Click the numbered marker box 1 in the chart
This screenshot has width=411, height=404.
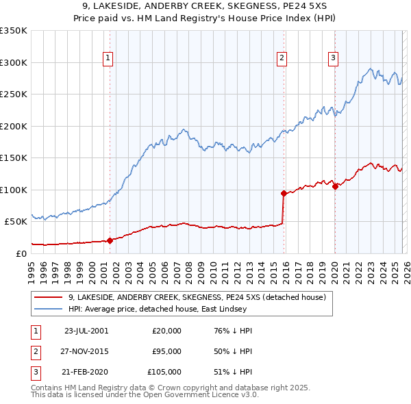pyautogui.click(x=109, y=59)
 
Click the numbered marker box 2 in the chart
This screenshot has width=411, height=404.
pyautogui.click(x=282, y=59)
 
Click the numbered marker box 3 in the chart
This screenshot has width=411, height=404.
pyautogui.click(x=333, y=59)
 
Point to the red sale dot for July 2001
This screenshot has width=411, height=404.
pyautogui.click(x=110, y=240)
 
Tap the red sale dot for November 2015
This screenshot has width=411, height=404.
pyautogui.click(x=284, y=193)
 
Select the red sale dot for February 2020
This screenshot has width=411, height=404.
pyautogui.click(x=335, y=186)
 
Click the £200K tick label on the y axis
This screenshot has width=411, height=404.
pyautogui.click(x=14, y=126)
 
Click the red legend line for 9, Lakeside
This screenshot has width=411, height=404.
pyautogui.click(x=49, y=297)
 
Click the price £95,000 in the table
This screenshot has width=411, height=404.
pyautogui.click(x=166, y=351)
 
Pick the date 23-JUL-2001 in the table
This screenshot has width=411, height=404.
pyautogui.click(x=86, y=331)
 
